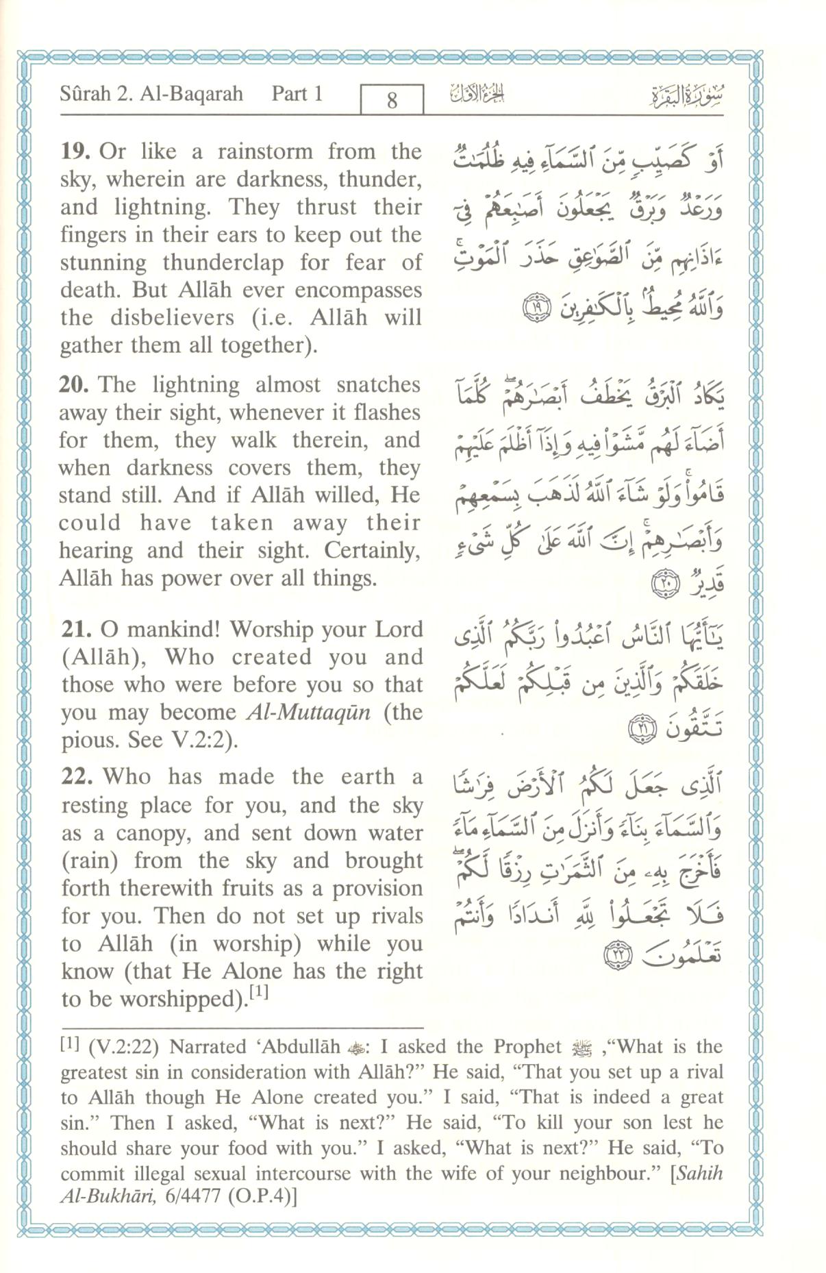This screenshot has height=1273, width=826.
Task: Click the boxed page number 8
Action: point(392,101)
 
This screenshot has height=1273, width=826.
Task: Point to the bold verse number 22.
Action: point(77,777)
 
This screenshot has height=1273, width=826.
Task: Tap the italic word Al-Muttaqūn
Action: point(308,713)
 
